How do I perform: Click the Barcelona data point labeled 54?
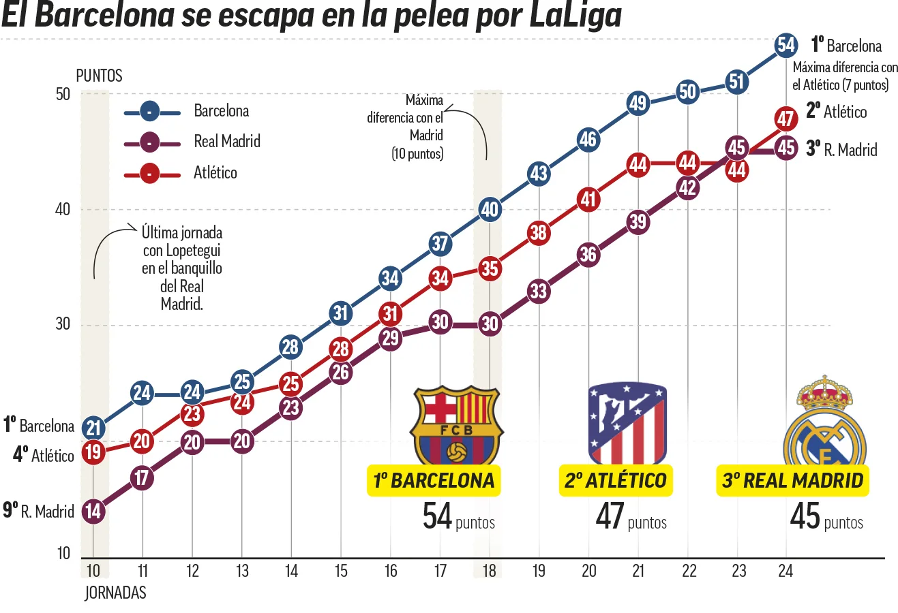tap(786, 45)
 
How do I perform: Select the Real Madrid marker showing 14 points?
tap(93, 511)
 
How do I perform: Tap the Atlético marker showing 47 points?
tap(785, 119)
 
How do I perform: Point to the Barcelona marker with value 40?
tap(490, 209)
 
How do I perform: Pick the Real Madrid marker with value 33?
tap(539, 292)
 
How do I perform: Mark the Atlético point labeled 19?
tap(93, 452)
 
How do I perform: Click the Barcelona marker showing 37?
tap(440, 243)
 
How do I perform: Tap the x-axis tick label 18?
tap(490, 571)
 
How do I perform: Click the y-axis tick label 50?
tap(63, 94)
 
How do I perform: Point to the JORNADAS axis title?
tap(115, 593)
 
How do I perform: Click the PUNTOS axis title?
tap(99, 76)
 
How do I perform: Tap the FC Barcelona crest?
tap(456, 424)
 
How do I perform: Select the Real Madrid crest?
tap(824, 420)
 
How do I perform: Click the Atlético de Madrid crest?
tap(627, 422)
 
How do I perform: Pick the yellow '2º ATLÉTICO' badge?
tap(616, 480)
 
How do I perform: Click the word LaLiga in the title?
tap(575, 16)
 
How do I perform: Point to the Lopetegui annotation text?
tap(181, 268)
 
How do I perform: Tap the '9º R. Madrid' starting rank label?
tap(39, 511)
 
